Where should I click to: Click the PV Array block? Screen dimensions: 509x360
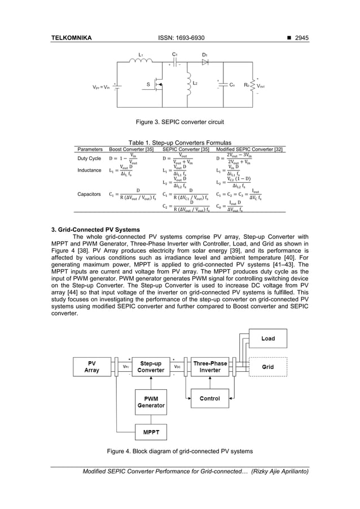point(91,366)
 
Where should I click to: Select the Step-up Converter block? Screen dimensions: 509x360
point(151,366)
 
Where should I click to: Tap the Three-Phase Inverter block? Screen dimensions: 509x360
point(210,366)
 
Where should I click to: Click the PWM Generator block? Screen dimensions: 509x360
point(151,401)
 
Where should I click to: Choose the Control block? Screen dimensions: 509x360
point(210,398)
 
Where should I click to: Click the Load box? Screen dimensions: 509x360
point(268,339)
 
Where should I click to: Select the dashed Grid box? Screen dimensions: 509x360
point(268,366)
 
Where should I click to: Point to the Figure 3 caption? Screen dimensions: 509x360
point(180,121)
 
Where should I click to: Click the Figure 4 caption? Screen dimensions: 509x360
point(180,451)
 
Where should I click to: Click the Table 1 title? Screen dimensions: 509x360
point(180,143)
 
